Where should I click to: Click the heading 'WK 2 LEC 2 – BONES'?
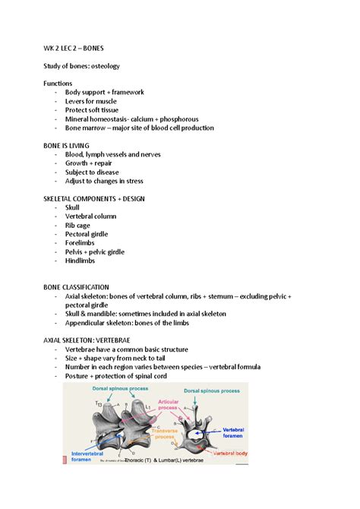[x=79, y=48]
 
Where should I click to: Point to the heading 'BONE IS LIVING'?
[x=71, y=146]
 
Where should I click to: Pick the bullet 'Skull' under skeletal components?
[x=72, y=207]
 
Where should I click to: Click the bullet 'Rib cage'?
[x=77, y=226]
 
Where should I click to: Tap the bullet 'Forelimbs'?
[x=80, y=243]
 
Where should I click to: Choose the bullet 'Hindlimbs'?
[x=80, y=261]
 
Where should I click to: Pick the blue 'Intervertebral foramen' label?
[x=81, y=454]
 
